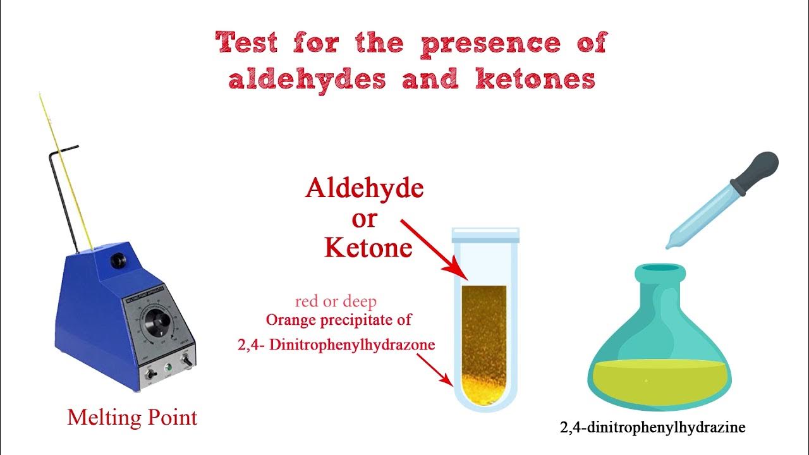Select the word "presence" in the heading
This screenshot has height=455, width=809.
pos(489,44)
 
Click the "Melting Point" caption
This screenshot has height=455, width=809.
pos(132,417)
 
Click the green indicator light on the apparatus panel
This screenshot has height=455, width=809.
pos(168,367)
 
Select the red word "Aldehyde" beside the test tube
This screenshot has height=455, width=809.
pos(364,188)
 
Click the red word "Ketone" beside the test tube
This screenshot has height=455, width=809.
pos(368,248)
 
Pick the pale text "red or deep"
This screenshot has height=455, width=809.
pos(336,301)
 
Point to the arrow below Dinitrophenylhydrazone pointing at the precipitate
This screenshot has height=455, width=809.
pos(435,370)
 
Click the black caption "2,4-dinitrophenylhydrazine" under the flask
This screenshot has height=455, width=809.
pos(653,428)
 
